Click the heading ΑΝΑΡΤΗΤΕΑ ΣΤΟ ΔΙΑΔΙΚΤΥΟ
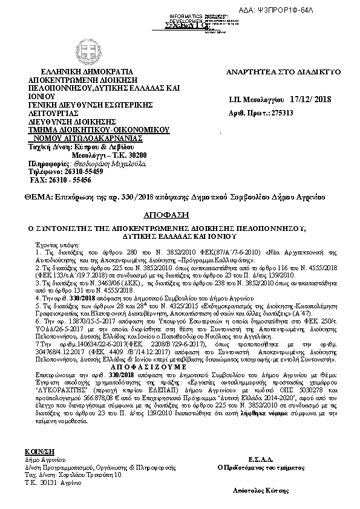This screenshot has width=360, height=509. (283, 72)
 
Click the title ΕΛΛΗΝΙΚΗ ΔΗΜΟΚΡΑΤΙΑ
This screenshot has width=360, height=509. (74, 72)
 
